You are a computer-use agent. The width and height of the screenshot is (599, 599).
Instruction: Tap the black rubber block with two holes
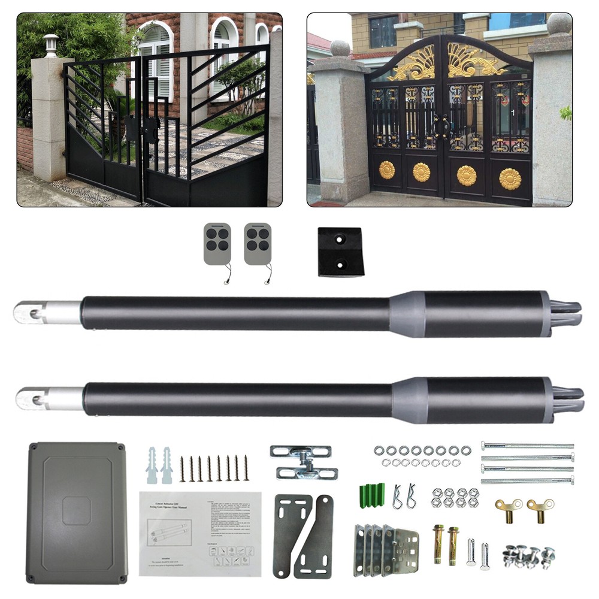[340, 252]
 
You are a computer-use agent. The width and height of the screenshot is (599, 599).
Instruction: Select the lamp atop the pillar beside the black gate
[52, 46]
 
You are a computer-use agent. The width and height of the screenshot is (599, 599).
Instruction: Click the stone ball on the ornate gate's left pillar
[340, 48]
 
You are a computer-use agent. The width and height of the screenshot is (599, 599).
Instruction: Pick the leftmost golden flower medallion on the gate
[387, 170]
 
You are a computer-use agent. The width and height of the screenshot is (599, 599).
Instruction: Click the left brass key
[509, 511]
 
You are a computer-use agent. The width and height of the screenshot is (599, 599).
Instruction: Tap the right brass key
[540, 511]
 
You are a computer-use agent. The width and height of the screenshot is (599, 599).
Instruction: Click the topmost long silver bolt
[527, 446]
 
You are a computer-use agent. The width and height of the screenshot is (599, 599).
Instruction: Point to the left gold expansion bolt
[438, 543]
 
